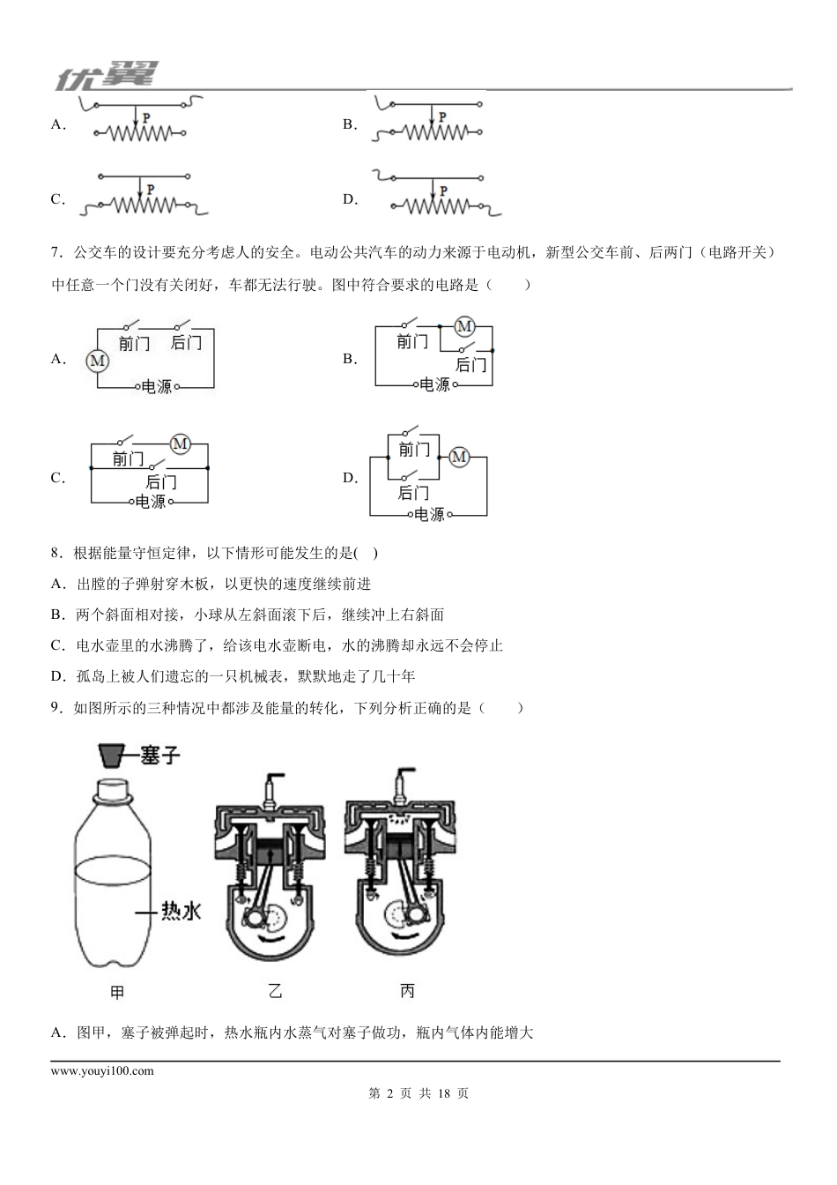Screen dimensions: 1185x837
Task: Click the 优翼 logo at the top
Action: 107,78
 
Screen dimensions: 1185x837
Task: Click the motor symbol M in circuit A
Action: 97,360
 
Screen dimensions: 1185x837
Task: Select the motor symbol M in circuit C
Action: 180,443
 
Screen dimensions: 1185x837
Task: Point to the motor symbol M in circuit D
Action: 458,457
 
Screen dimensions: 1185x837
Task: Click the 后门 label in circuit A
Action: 186,342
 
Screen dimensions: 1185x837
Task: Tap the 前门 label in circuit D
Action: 413,450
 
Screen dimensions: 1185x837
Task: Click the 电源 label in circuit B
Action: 434,384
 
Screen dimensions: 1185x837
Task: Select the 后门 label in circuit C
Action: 160,481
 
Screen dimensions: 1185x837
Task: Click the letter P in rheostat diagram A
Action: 146,116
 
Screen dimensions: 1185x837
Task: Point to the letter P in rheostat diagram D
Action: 443,190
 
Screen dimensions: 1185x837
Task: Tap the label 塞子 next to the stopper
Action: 160,755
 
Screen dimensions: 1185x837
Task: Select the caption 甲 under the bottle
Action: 117,992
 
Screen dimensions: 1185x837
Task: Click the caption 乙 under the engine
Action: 275,991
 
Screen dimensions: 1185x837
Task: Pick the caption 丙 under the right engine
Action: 407,991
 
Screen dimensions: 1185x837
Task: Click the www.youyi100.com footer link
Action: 102,1071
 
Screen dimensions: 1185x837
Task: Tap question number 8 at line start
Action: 56,553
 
